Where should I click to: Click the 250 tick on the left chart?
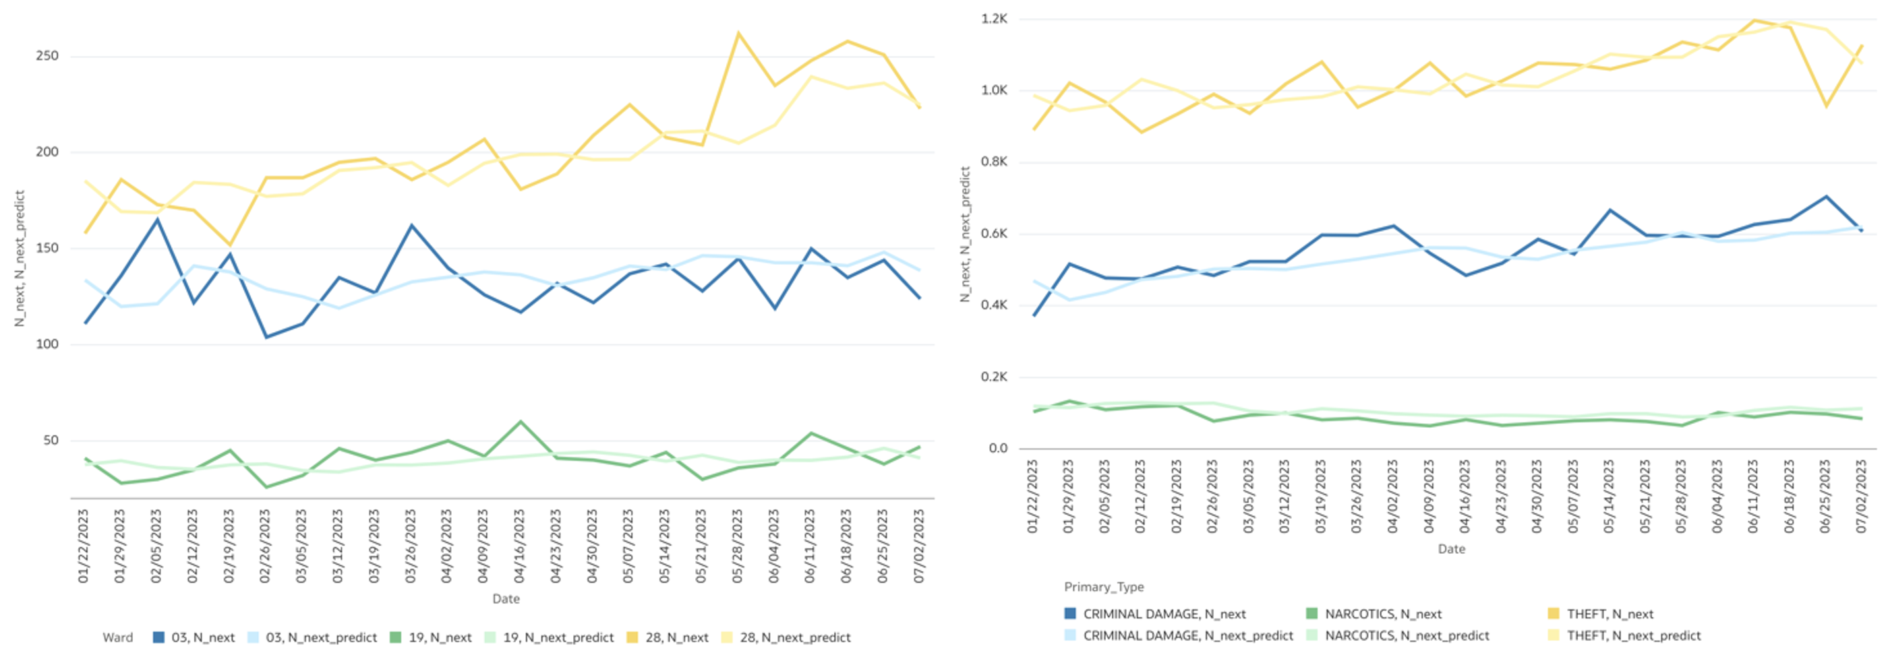[47, 56]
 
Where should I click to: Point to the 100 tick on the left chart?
[47, 344]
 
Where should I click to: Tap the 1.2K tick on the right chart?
[994, 18]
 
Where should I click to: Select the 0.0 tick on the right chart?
[998, 447]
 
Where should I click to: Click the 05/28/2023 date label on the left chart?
[737, 546]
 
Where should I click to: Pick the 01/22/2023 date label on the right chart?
[1033, 496]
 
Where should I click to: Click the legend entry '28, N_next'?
[676, 637]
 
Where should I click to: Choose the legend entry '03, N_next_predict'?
[320, 637]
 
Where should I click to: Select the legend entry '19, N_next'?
[439, 637]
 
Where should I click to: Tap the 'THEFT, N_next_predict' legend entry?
[1633, 635]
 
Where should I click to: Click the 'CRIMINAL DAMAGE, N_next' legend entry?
[1164, 614]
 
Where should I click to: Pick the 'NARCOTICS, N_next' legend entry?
[1382, 614]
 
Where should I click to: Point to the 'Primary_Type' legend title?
[1104, 587]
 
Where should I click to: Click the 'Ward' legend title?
[118, 637]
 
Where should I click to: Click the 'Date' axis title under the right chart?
[1451, 548]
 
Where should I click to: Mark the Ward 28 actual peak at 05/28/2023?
[738, 33]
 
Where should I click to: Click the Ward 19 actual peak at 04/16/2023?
[521, 422]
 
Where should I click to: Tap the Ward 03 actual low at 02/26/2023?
[266, 337]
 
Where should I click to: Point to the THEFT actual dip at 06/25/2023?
[1827, 106]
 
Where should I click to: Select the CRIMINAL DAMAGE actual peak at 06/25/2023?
[1827, 196]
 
